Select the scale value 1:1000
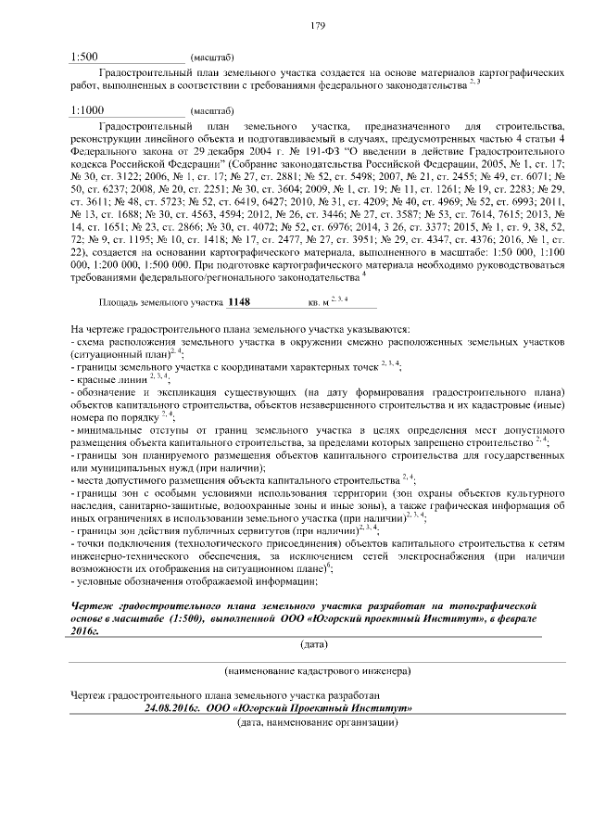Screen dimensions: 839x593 pos(87,109)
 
